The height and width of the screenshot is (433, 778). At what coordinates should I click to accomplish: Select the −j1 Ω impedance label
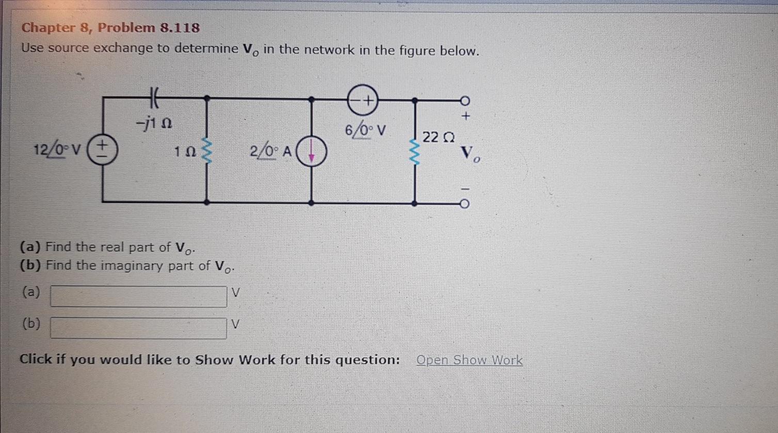click(154, 124)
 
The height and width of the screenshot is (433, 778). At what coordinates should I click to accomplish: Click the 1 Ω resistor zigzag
click(208, 151)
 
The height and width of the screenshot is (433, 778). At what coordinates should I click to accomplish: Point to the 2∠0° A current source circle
click(312, 152)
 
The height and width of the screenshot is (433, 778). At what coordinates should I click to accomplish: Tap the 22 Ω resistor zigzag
click(414, 150)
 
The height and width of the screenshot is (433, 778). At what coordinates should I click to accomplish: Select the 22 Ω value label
click(438, 138)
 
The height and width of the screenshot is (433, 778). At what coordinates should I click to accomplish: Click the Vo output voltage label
click(470, 153)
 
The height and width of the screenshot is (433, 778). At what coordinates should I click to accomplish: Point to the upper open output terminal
click(464, 100)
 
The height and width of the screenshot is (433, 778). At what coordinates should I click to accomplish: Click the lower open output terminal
click(464, 204)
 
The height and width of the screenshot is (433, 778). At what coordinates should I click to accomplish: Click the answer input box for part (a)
click(138, 296)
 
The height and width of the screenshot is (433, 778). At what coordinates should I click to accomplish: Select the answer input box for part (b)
click(138, 328)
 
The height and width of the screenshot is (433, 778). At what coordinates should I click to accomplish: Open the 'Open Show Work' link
click(469, 360)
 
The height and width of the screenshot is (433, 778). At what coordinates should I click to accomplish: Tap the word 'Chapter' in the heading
click(48, 27)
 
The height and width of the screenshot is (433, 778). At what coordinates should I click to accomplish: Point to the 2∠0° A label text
click(270, 151)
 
